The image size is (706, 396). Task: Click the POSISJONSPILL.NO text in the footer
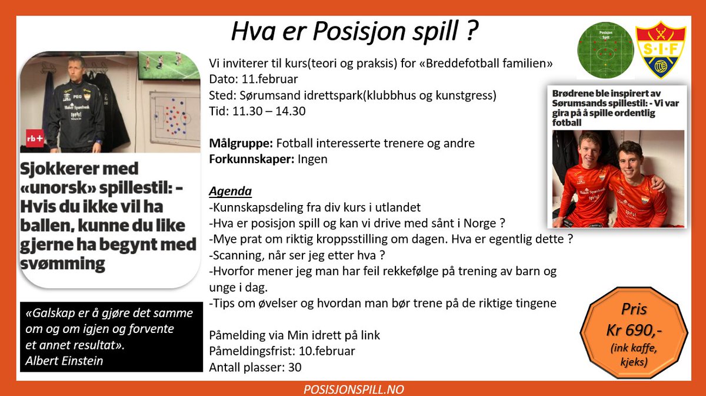[x=352, y=390]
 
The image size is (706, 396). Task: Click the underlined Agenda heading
[x=230, y=192]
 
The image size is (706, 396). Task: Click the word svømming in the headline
[x=63, y=263]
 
